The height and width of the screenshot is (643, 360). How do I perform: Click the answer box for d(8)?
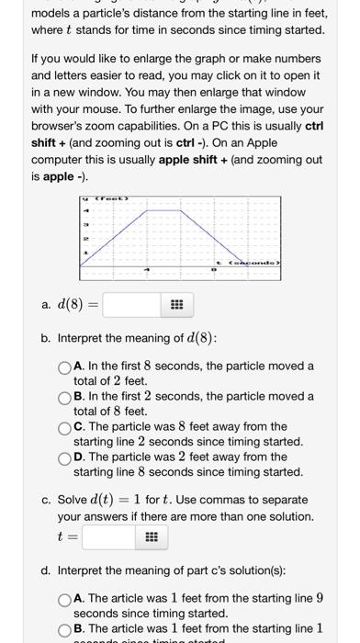coord(132,304)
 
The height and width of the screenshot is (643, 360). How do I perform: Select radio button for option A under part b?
coord(64,367)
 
